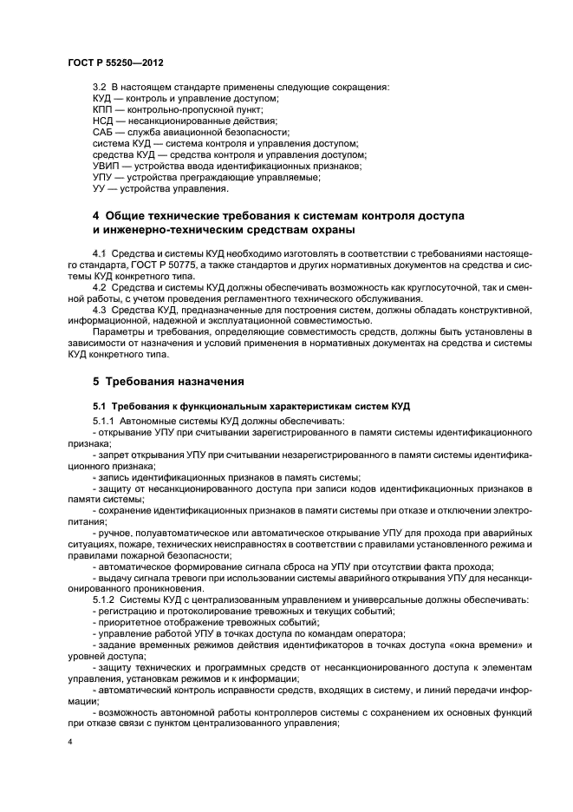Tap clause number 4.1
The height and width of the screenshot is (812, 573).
(x=99, y=253)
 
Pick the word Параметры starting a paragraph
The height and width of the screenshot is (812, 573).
(x=115, y=332)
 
